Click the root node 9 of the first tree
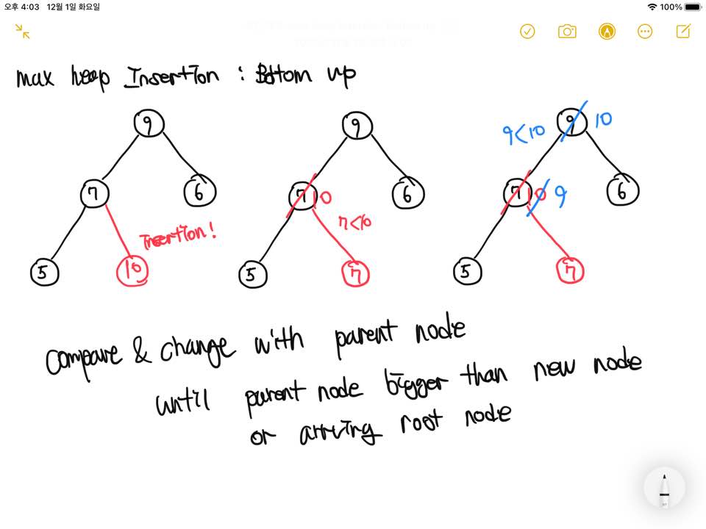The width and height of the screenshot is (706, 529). pyautogui.click(x=149, y=124)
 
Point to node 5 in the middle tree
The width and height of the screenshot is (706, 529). pyautogui.click(x=252, y=275)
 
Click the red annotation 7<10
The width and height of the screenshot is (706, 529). pyautogui.click(x=354, y=221)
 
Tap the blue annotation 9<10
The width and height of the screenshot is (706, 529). pyautogui.click(x=523, y=134)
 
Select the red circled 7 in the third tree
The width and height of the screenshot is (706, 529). pyautogui.click(x=570, y=270)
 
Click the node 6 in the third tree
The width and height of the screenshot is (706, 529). pyautogui.click(x=623, y=192)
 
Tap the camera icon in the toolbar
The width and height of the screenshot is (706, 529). pyautogui.click(x=567, y=31)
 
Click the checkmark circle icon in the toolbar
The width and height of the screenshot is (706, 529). pyautogui.click(x=527, y=31)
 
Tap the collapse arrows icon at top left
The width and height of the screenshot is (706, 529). pyautogui.click(x=23, y=31)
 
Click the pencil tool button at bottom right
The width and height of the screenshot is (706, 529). pyautogui.click(x=664, y=488)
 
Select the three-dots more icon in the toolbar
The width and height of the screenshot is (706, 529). pyautogui.click(x=645, y=31)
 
